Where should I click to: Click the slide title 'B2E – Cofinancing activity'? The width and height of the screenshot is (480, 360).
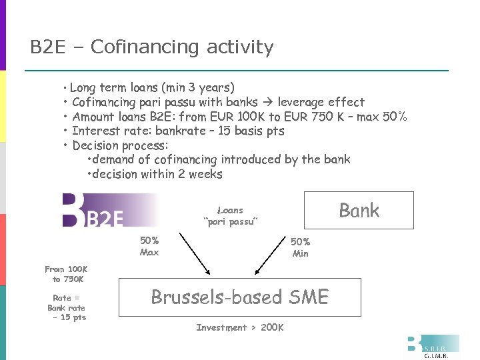pyautogui.click(x=152, y=47)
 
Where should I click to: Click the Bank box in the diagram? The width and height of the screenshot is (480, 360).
pyautogui.click(x=359, y=211)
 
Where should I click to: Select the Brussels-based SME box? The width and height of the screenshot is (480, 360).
pyautogui.click(x=240, y=297)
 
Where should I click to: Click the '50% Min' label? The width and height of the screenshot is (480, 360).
pyautogui.click(x=300, y=247)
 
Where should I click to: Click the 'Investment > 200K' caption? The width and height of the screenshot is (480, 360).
pyautogui.click(x=240, y=327)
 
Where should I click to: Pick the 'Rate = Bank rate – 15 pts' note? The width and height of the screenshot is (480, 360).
pyautogui.click(x=67, y=307)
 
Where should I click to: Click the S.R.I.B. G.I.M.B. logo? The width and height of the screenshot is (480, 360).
pyautogui.click(x=433, y=347)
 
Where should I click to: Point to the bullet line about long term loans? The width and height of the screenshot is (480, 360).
pyautogui.click(x=152, y=87)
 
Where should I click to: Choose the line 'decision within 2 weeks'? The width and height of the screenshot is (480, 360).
pyautogui.click(x=157, y=174)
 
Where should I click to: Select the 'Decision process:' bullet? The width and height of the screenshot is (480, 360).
pyautogui.click(x=120, y=145)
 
